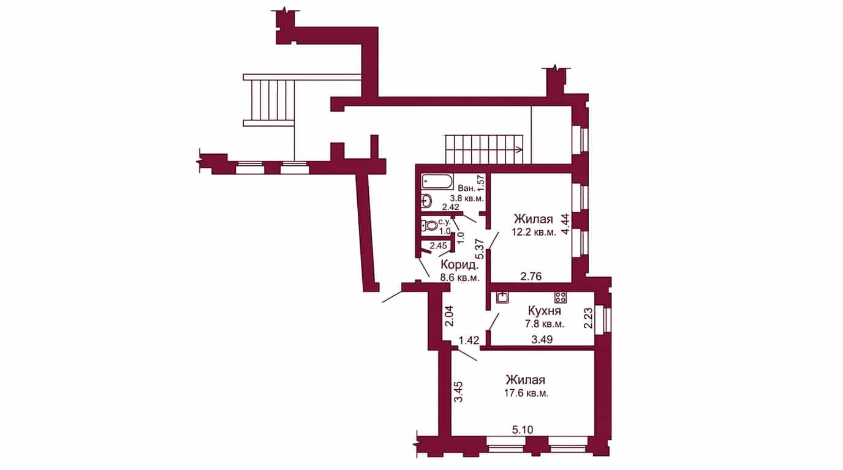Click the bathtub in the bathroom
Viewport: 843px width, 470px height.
click(x=437, y=182)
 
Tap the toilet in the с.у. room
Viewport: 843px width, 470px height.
click(x=429, y=226)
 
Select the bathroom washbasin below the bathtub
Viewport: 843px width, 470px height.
click(x=426, y=201)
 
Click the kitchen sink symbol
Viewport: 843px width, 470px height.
click(x=503, y=297)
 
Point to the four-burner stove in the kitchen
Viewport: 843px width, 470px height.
click(x=560, y=297)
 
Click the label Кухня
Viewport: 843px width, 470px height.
click(x=545, y=311)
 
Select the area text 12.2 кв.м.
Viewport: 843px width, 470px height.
click(x=534, y=233)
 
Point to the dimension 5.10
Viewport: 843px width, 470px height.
click(x=523, y=430)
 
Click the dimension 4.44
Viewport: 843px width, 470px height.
click(x=565, y=224)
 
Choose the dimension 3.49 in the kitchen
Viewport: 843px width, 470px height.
click(x=542, y=340)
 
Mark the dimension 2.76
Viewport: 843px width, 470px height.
click(x=531, y=277)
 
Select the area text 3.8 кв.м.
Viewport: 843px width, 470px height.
click(x=467, y=198)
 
